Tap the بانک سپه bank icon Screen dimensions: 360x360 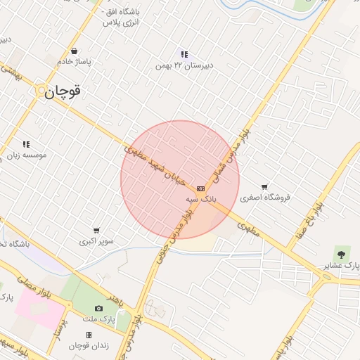[201, 188]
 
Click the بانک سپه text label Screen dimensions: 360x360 [201, 200]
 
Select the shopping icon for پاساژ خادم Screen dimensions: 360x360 [75, 51]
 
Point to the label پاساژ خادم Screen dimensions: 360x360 [75, 62]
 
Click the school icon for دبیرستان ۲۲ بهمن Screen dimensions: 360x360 [184, 54]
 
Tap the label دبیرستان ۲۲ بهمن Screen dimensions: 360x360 [184, 65]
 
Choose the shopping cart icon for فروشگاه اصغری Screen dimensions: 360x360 [264, 187]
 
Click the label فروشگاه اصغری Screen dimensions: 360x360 [264, 198]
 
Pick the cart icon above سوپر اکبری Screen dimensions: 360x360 [96, 231]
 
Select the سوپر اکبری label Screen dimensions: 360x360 [96, 242]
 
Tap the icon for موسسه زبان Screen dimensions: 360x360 [26, 144]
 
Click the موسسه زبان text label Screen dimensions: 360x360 [26, 155]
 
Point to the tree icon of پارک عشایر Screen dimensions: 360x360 [342, 254]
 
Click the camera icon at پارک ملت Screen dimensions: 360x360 [98, 309]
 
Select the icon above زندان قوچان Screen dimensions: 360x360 [89, 335]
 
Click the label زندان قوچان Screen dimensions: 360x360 [89, 346]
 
